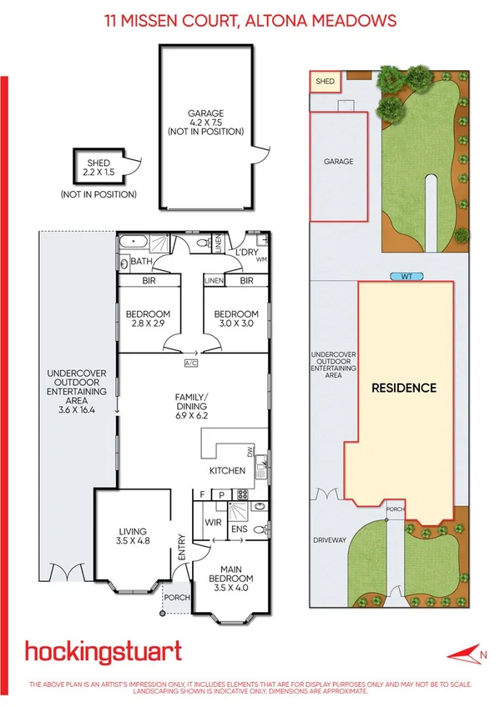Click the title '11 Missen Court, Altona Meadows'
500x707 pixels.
pyautogui.click(x=250, y=20)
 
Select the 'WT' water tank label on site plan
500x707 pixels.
pyautogui.click(x=405, y=276)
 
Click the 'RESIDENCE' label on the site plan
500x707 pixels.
pyautogui.click(x=404, y=388)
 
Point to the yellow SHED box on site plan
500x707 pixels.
pyautogui.click(x=325, y=82)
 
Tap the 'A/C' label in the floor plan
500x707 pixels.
pyautogui.click(x=191, y=364)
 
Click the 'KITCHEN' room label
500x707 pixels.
pyautogui.click(x=227, y=470)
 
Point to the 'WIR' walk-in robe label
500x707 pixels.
pyautogui.click(x=212, y=523)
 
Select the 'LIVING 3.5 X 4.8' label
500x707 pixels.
pyautogui.click(x=132, y=536)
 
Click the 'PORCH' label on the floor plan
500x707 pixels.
pyautogui.click(x=176, y=597)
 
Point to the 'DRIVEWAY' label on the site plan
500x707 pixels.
pyautogui.click(x=329, y=540)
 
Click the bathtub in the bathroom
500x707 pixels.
pyautogui.click(x=134, y=243)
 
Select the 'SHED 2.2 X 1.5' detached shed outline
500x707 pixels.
pyautogui.click(x=98, y=168)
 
